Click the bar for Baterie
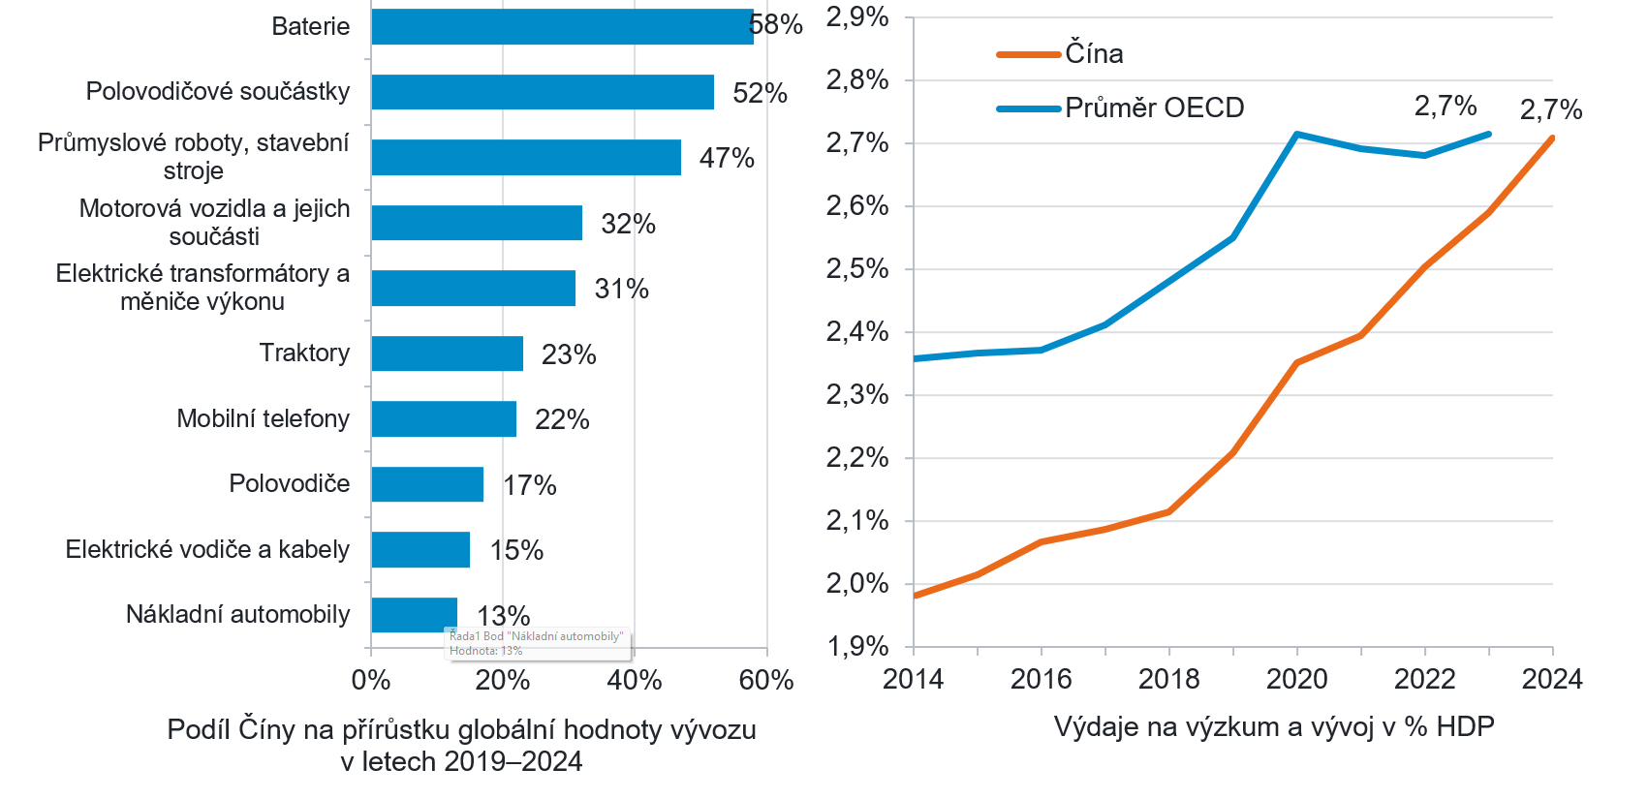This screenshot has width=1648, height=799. pos(562,27)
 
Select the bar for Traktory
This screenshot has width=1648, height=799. pos(447,353)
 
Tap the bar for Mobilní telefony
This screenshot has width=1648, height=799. pos(444,418)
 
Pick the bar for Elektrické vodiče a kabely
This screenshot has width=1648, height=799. pos(420,549)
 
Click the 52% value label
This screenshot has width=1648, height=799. pos(760,93)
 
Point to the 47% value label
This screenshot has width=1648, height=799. pos(727,158)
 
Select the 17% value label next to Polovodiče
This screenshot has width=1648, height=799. pos(530,485)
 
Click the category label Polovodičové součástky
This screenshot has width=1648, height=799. pos(218,92)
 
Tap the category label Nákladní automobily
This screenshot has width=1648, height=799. pos(237,615)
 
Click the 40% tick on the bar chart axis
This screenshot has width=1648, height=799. pos(635,681)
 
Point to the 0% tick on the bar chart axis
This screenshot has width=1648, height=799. pos(371,681)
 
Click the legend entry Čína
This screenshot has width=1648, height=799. pos(1094,54)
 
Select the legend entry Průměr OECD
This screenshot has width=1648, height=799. pos(1154,108)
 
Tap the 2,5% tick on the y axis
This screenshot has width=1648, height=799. pos(857,269)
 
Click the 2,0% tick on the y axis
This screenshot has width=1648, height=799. pos(857,584)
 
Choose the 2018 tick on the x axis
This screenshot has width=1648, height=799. pos(1169,679)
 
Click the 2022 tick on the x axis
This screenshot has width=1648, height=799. pos(1424,679)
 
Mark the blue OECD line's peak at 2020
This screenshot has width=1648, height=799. pos(1296,134)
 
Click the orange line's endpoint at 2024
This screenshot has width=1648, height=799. pos(1552,138)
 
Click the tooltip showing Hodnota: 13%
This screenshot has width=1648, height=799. pos(537,644)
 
